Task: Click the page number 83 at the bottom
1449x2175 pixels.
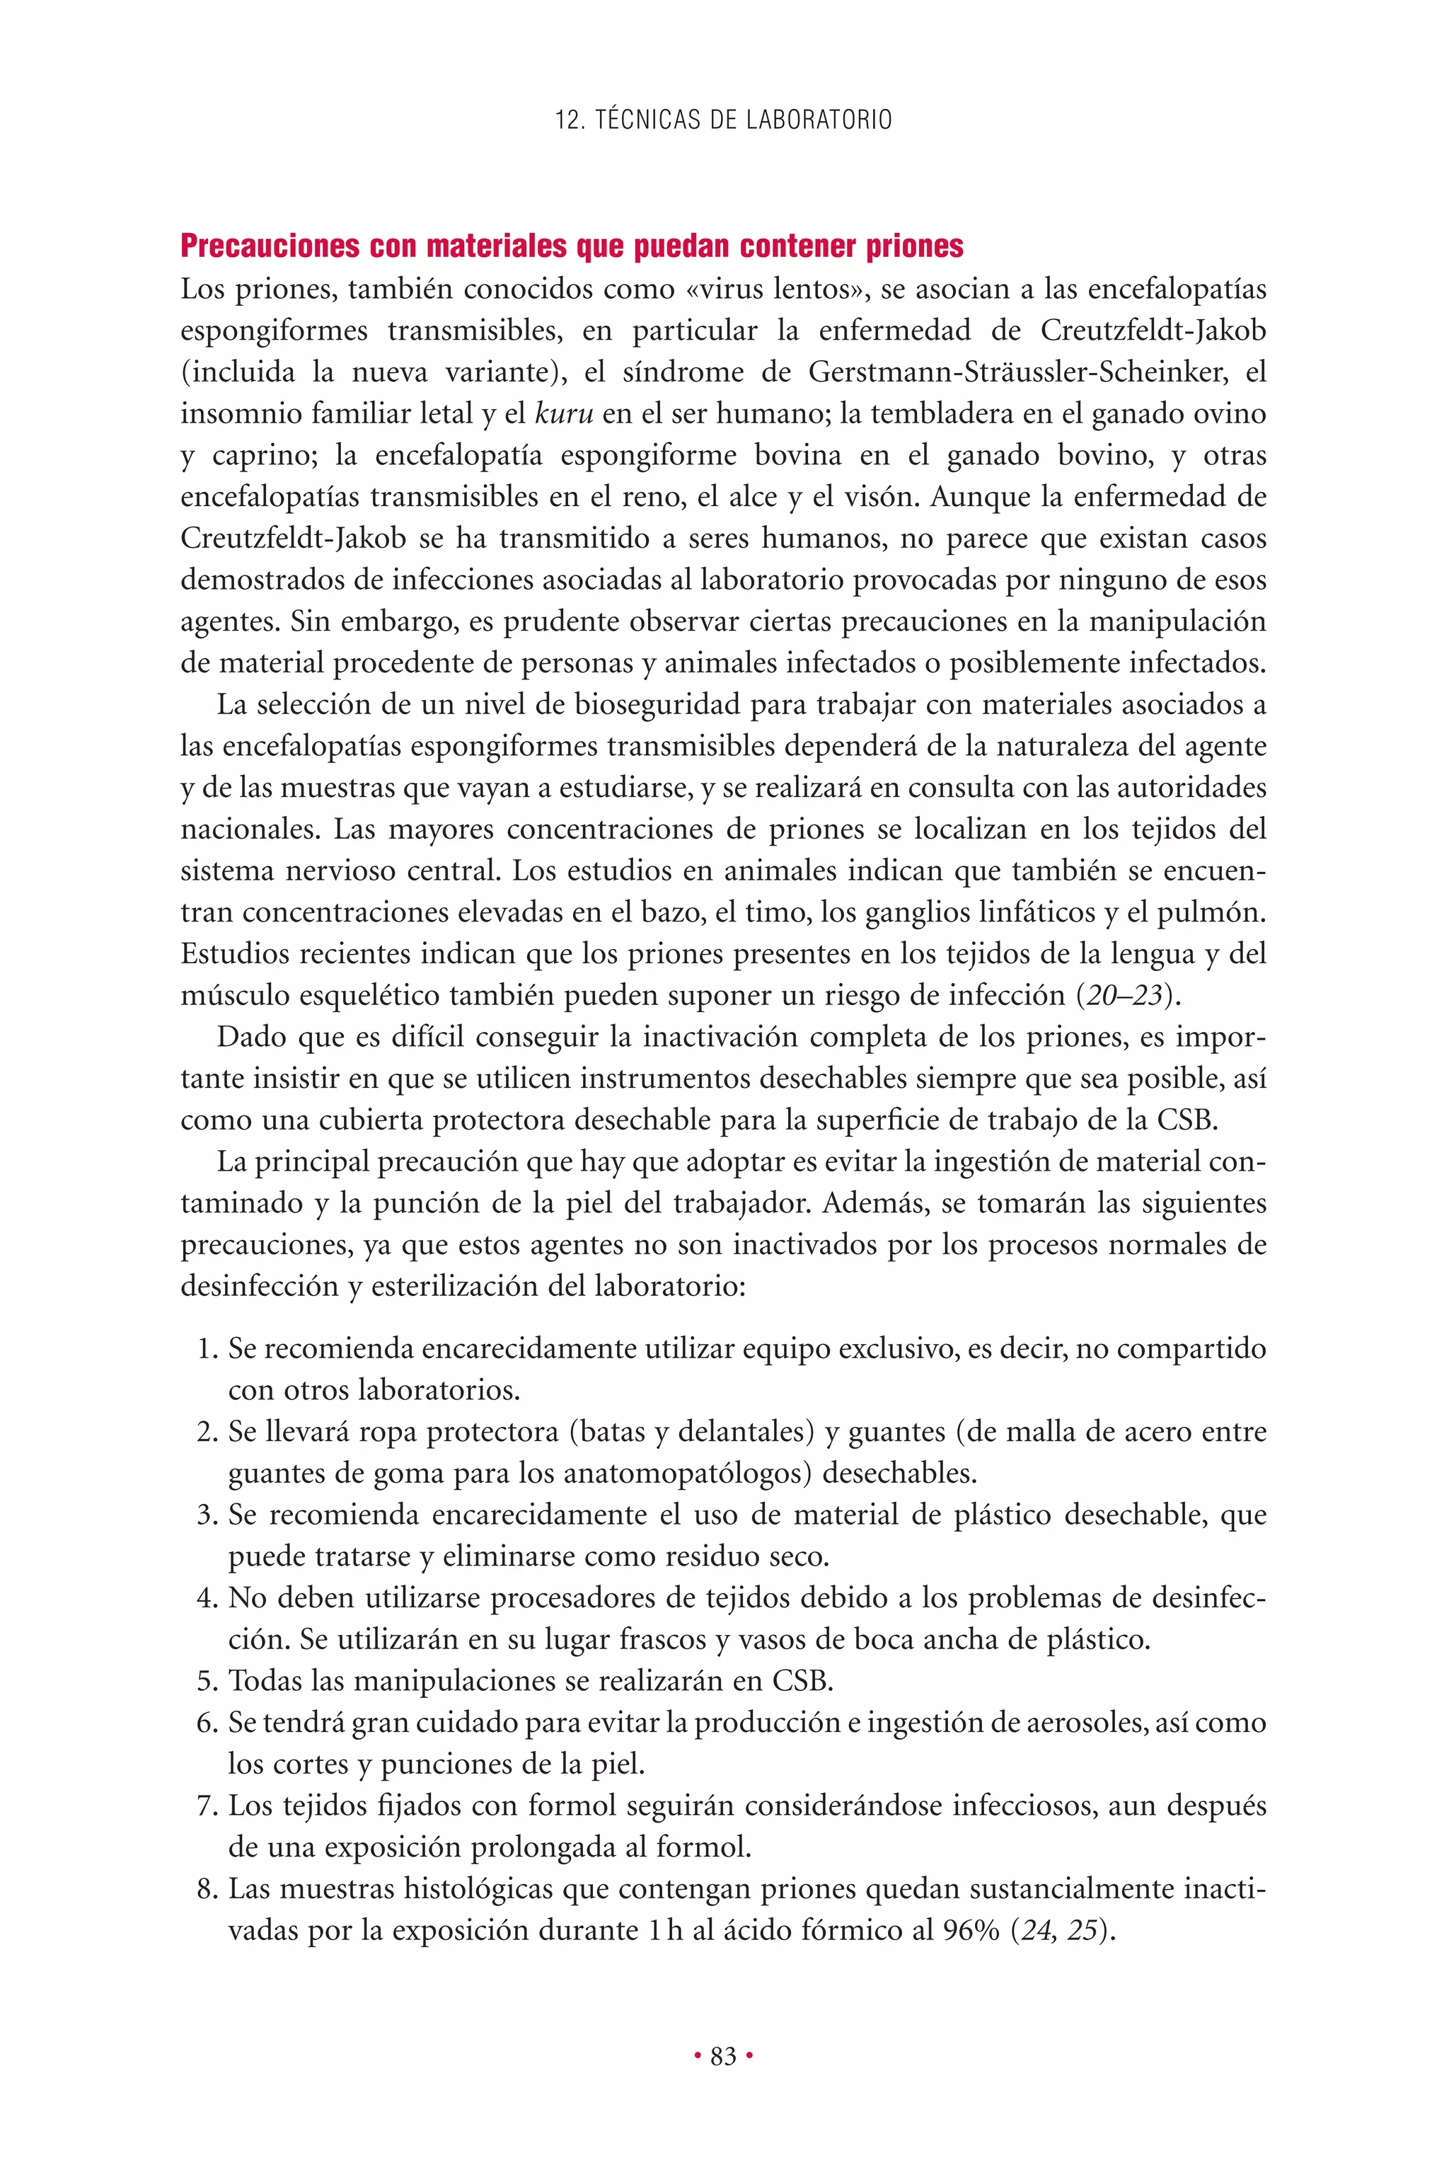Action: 724,2057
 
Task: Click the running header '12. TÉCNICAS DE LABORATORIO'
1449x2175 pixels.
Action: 724,120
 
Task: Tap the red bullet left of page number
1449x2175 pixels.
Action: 698,2057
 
